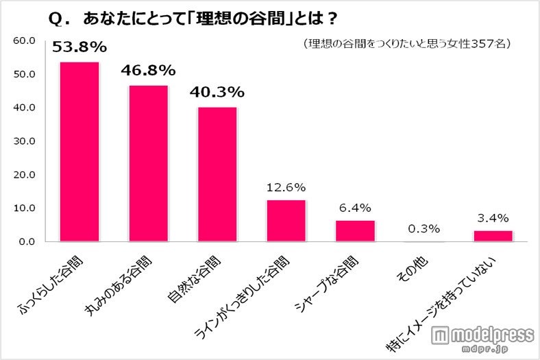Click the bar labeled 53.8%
coord(79,152)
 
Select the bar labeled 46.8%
coord(149,163)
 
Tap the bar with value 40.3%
coord(217,174)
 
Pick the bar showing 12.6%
coord(286,220)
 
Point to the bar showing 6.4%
coord(355,230)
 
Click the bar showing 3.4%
coord(493,236)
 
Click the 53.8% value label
coord(79,47)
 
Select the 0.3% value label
coord(424,228)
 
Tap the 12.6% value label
coord(286,187)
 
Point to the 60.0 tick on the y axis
coord(25,40)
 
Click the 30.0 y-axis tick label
coord(25,141)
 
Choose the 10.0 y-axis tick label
coord(25,208)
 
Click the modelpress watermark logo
coord(483,338)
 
